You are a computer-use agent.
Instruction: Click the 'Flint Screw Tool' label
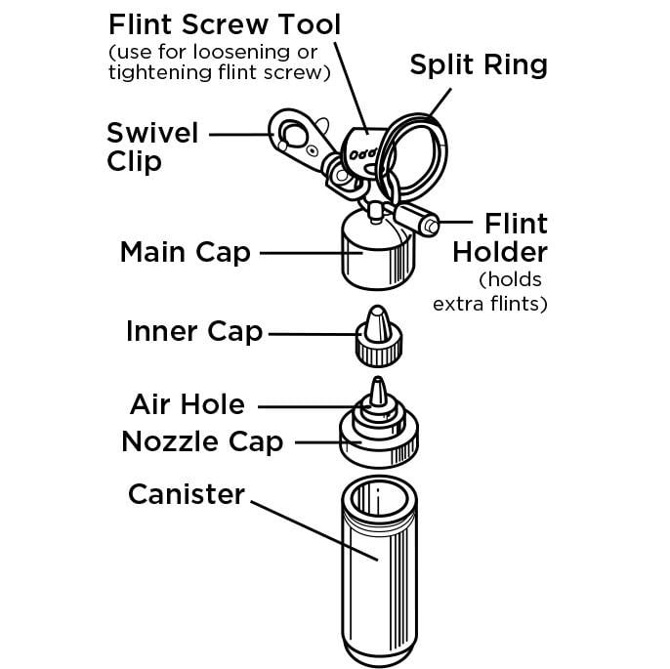click(224, 22)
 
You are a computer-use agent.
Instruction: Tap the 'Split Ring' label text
click(478, 65)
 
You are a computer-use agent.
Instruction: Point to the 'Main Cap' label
click(185, 252)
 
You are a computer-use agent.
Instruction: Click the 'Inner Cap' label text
click(194, 332)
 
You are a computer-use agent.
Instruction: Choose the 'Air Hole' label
click(188, 404)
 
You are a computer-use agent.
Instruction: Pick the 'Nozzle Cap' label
click(202, 441)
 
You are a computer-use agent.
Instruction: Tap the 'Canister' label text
click(187, 494)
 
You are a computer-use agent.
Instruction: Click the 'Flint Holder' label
click(499, 238)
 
